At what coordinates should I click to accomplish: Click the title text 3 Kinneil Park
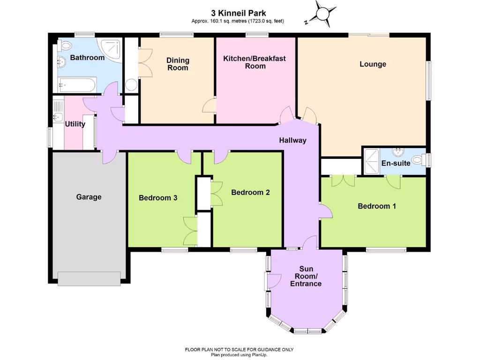pos(238,14)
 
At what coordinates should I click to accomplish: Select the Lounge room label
pos(373,64)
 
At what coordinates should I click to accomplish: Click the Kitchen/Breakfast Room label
pos(255,62)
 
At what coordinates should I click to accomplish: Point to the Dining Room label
pos(178,64)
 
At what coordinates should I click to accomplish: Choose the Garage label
pos(89,197)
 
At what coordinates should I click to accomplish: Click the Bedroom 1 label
pos(376,206)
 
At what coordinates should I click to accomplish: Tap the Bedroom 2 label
pos(250,192)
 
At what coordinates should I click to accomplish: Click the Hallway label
pos(292,140)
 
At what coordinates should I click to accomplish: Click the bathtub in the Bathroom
pos(76,85)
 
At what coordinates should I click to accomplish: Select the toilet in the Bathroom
pos(64,45)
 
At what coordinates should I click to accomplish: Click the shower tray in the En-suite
pos(370,162)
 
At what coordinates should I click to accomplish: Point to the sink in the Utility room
pos(58,117)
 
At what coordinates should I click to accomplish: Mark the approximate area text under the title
pos(238,21)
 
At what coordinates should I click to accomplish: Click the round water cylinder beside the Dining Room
pos(131,85)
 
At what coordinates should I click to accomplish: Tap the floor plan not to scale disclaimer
pos(239,350)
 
